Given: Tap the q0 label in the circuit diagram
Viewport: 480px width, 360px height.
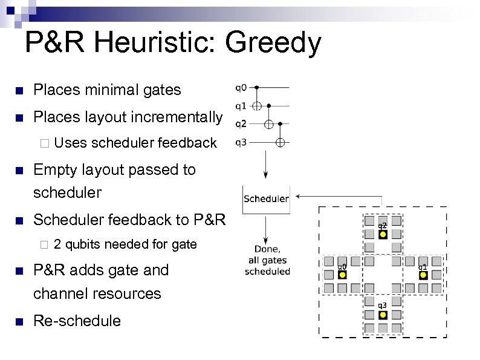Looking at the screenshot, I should pyautogui.click(x=240, y=88).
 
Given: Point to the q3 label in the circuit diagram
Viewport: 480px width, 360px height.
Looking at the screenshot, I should pyautogui.click(x=240, y=142).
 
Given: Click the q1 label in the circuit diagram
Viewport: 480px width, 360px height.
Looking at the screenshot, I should pyautogui.click(x=240, y=106).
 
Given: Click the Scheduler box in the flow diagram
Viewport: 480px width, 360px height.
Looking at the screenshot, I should pyautogui.click(x=266, y=198).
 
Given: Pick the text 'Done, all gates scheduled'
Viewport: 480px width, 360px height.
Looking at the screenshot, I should pyautogui.click(x=267, y=260).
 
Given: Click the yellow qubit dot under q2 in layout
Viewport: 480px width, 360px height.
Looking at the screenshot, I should pyautogui.click(x=383, y=235).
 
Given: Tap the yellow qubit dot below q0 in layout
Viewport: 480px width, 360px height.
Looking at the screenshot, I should pyautogui.click(x=342, y=275).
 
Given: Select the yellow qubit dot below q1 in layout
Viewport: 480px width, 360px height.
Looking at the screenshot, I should pyautogui.click(x=423, y=275).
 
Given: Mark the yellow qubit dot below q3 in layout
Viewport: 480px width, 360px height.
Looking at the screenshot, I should pyautogui.click(x=383, y=315).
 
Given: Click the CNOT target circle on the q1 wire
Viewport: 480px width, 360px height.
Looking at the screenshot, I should pyautogui.click(x=256, y=106).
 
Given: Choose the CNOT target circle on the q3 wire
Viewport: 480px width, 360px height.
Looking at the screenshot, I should pyautogui.click(x=280, y=142).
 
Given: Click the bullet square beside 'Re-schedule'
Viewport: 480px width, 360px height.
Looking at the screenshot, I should pyautogui.click(x=19, y=321).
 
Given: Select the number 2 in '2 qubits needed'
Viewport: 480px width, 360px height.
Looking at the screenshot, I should pyautogui.click(x=57, y=244).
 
